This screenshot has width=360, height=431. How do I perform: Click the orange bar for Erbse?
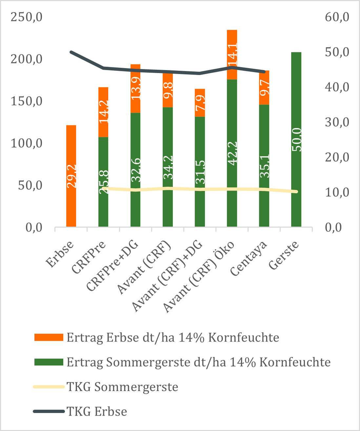pyautogui.click(x=71, y=176)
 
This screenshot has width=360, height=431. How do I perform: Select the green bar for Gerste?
pyautogui.click(x=296, y=139)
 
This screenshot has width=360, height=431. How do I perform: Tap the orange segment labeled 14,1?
pyautogui.click(x=232, y=54)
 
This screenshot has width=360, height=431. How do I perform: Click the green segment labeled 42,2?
pyautogui.click(x=232, y=153)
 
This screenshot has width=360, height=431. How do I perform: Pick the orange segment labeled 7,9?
pyautogui.click(x=200, y=103)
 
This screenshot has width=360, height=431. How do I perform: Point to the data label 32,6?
pyautogui.click(x=135, y=170)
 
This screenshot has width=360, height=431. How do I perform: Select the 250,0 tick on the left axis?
pyautogui.click(x=27, y=17)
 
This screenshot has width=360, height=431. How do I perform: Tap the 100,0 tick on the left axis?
pyautogui.click(x=27, y=143)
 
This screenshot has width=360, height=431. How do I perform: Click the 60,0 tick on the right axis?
pyautogui.click(x=337, y=17)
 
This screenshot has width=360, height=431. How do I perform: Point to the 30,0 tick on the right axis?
pyautogui.click(x=337, y=122)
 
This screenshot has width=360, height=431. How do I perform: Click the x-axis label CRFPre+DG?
pyautogui.click(x=112, y=266)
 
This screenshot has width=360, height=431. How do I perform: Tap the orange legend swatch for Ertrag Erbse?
pyautogui.click(x=49, y=337)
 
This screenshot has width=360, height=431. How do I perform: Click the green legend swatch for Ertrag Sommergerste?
pyautogui.click(x=49, y=362)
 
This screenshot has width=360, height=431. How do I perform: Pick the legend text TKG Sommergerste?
pyautogui.click(x=123, y=387)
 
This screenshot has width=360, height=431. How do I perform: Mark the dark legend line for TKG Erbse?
pyautogui.click(x=49, y=411)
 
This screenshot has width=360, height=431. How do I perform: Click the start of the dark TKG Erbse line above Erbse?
pyautogui.click(x=71, y=52)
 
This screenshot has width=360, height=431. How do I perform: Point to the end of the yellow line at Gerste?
pyautogui.click(x=296, y=192)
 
